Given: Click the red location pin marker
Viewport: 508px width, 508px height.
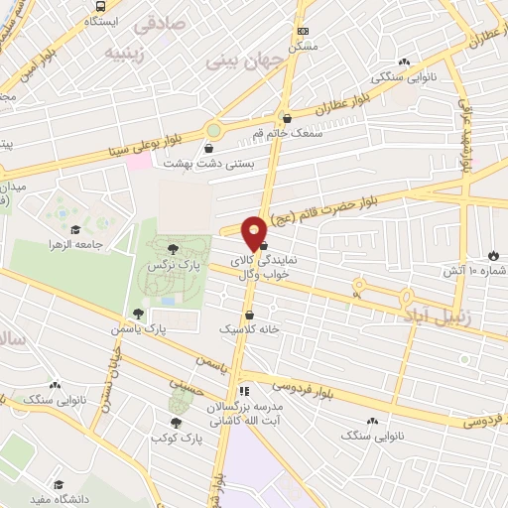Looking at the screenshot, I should (254, 233).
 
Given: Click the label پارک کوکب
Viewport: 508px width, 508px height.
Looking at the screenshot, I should (171, 437).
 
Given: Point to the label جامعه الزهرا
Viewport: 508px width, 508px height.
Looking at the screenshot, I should (82, 243).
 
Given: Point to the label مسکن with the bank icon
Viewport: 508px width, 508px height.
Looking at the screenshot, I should (303, 46).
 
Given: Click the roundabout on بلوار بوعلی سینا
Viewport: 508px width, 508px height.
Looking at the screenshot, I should (213, 129).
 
